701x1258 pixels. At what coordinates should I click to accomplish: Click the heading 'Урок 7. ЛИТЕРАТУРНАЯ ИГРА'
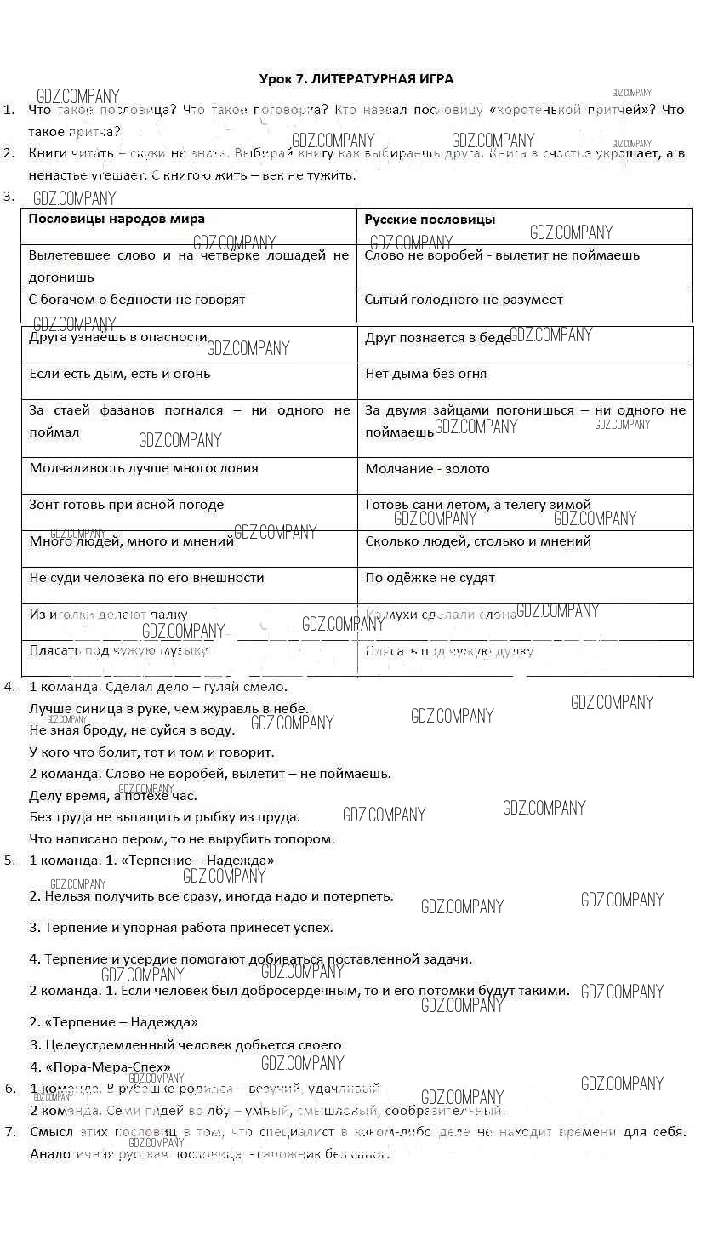(356, 79)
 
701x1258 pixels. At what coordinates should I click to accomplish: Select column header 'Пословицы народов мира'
(117, 220)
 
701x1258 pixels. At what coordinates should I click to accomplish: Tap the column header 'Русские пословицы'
(430, 220)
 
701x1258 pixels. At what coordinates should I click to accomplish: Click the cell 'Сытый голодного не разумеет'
(464, 300)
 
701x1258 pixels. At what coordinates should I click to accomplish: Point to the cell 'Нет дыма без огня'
(425, 374)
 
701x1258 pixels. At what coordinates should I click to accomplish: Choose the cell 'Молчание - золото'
(427, 469)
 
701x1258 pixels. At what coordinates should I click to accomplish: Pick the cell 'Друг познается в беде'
(438, 338)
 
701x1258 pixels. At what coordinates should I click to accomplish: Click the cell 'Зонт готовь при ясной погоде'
(127, 505)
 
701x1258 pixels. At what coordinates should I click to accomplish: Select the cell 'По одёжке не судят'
(430, 578)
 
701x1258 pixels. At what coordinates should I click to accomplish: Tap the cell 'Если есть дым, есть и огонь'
(120, 374)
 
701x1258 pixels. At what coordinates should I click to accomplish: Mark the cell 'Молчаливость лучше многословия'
(144, 468)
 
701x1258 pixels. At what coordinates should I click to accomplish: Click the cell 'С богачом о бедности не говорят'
(137, 300)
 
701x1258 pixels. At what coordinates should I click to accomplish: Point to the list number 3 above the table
(8, 197)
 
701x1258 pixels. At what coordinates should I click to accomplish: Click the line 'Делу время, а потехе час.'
(113, 796)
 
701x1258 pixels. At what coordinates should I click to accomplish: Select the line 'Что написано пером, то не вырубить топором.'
(182, 839)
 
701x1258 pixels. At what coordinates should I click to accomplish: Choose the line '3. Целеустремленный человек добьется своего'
(185, 1045)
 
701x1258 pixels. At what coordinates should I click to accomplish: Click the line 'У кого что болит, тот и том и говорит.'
(152, 752)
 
